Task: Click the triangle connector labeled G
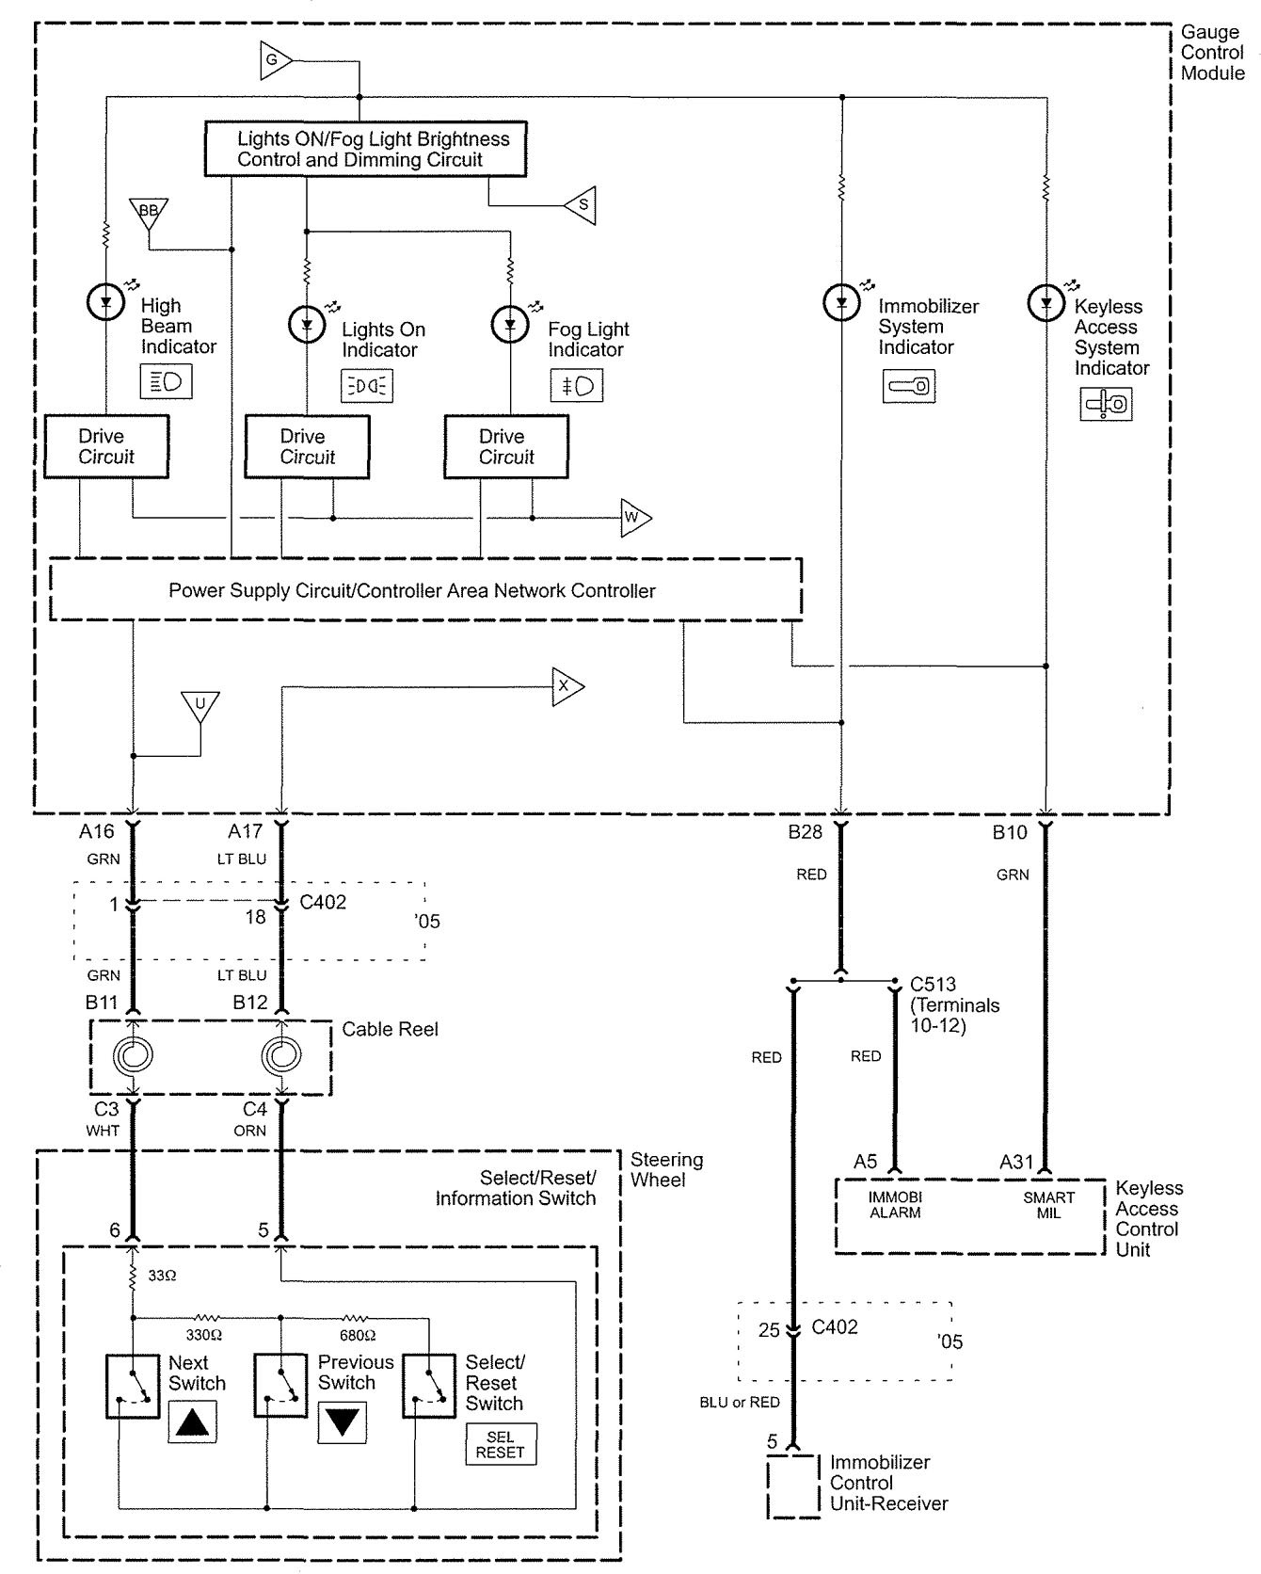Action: coord(274,62)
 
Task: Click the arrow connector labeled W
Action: coord(633,518)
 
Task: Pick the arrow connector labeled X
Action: coord(566,686)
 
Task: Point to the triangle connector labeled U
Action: coord(200,705)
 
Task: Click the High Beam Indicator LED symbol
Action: coord(105,302)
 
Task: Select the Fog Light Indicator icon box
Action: coord(576,386)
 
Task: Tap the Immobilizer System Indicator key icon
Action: coord(908,385)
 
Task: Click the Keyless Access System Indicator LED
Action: coord(1046,302)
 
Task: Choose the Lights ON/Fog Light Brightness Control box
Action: coord(365,149)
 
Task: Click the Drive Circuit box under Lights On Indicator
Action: coord(307,447)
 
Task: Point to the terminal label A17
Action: coord(246,831)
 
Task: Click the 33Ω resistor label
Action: coord(162,1277)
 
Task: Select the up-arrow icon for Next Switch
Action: coord(192,1421)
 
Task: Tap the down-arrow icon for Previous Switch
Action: coord(342,1421)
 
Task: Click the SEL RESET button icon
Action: coord(501,1444)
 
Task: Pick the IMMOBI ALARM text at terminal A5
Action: coord(894,1205)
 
